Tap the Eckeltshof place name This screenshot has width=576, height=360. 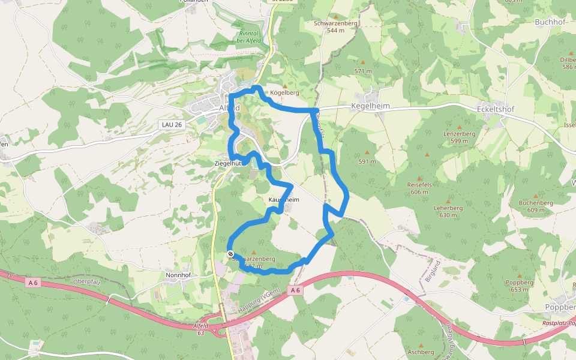point(496,110)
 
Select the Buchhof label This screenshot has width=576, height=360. point(550,22)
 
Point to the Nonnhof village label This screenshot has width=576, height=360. point(178,274)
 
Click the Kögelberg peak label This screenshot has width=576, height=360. point(284,93)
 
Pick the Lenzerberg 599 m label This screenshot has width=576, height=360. point(459,137)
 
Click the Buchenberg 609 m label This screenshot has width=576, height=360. point(536,206)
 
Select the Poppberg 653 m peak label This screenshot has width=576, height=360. point(520,286)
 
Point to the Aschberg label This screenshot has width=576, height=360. point(420,352)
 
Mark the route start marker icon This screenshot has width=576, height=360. point(230,254)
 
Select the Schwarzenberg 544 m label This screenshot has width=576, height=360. point(335,26)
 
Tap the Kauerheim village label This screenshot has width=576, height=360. point(283,199)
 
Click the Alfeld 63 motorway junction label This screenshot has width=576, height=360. point(201,329)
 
